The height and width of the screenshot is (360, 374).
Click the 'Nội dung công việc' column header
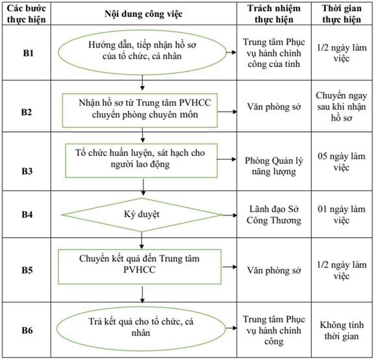coord(143,14)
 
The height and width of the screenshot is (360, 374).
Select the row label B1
coord(28,53)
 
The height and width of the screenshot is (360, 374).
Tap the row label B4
coord(27,214)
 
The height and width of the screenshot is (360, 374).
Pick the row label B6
coord(27,330)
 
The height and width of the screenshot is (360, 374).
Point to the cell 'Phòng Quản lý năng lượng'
coord(274,166)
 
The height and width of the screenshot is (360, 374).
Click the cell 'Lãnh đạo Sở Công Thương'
coord(274,214)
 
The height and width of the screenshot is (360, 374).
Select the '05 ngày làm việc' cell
coord(342,162)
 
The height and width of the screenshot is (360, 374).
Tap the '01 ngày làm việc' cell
coord(342,214)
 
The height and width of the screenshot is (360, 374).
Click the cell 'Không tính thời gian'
coord(342,330)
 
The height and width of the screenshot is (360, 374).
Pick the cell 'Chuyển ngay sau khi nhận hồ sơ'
coord(342,107)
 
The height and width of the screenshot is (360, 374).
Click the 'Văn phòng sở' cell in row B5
coord(274,270)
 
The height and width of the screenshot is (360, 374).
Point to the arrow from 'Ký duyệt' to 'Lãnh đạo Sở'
coord(229,215)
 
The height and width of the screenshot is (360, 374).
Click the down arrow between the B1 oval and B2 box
coord(142,83)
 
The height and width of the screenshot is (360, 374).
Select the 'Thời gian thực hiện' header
coord(342,14)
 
